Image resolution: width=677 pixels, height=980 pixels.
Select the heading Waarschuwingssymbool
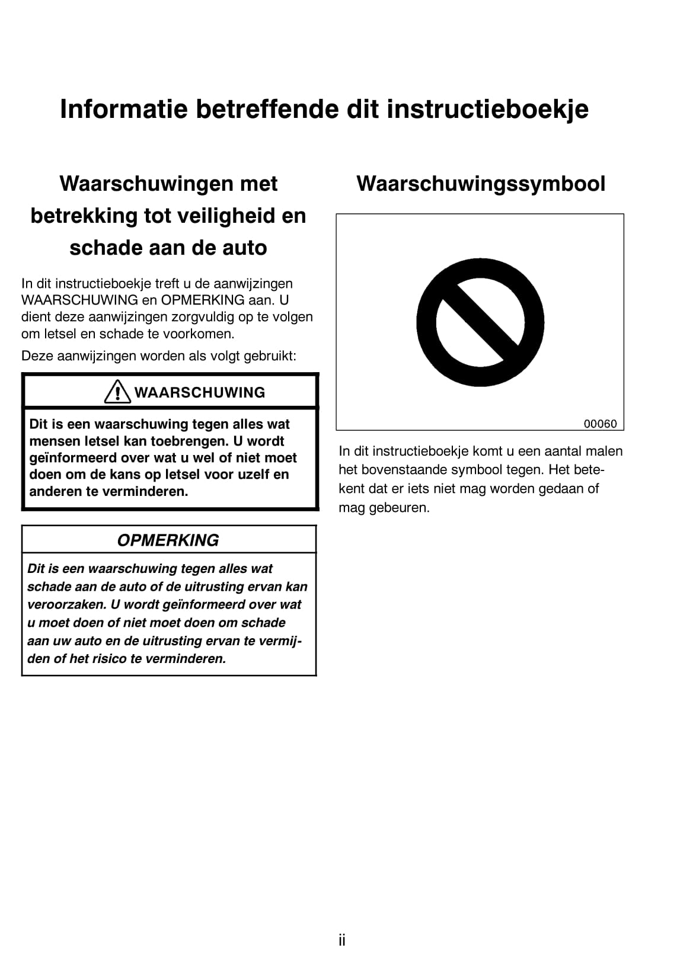point(481,184)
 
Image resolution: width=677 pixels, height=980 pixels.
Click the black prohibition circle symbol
point(480,322)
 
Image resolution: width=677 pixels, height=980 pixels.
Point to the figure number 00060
point(600,424)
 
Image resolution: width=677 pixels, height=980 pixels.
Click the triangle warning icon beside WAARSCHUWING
point(117,392)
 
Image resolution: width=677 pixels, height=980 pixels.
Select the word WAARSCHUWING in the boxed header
point(200,392)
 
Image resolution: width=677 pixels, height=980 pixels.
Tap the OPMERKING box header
point(168,540)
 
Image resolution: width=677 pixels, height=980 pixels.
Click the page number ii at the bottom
point(342,940)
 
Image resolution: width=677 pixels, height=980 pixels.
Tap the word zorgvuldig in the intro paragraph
point(190,317)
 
